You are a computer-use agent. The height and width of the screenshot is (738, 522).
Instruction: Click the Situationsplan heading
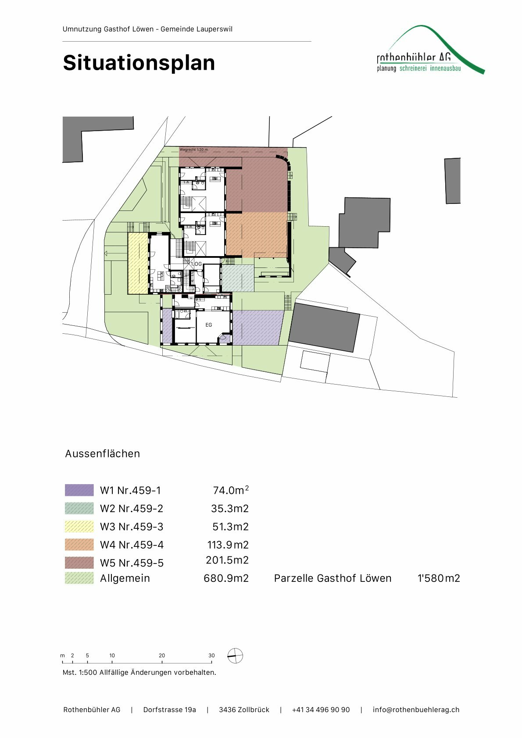point(139,63)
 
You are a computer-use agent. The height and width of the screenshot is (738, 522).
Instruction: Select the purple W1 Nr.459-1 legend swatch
point(79,490)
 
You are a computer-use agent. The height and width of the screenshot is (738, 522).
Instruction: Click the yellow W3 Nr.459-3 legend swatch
point(79,526)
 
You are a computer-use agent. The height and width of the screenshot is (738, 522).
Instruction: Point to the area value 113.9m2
point(228,545)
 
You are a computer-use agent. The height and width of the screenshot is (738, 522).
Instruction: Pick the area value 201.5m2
point(227,560)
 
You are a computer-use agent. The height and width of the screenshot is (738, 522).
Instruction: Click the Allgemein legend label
point(125,578)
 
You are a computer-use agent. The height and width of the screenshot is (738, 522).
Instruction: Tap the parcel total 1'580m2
point(438,578)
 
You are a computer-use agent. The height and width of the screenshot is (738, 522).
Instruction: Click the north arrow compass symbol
point(235,656)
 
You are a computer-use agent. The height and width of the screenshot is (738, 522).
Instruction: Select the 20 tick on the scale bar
point(162,656)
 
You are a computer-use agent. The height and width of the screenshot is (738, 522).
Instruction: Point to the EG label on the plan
point(209,325)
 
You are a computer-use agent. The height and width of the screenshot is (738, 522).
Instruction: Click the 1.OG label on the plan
point(196,264)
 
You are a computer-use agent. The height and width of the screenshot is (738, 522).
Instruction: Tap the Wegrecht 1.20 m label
point(193,150)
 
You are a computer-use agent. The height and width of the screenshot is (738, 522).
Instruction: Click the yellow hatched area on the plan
point(137,263)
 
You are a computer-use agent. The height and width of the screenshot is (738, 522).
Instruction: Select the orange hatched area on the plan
point(257,234)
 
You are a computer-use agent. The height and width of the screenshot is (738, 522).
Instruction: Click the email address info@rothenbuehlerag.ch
point(416,709)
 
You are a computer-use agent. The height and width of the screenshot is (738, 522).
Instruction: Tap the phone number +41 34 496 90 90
point(321,709)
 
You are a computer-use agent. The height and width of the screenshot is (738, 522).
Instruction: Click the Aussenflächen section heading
point(102,453)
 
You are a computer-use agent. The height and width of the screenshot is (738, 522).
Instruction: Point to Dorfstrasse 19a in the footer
point(169,709)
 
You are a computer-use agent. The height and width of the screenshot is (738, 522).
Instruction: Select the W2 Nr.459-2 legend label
point(132,509)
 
